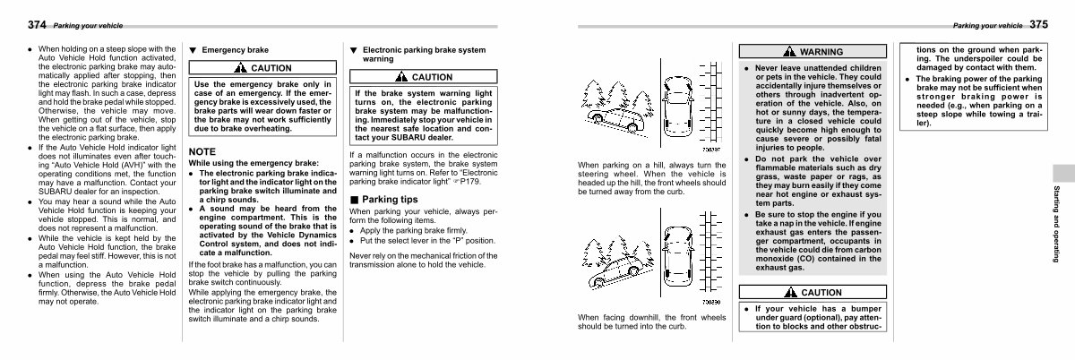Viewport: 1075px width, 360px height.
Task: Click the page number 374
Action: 37,23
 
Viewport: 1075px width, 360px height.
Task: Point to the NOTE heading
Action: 202,151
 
